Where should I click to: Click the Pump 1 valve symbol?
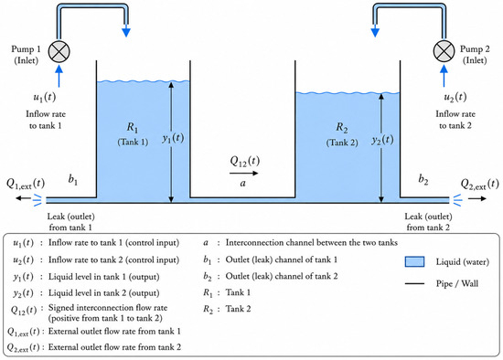point(59,51)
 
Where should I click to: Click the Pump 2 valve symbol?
point(444,51)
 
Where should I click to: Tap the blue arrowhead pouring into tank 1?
point(126,32)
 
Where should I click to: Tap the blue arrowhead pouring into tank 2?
point(375,32)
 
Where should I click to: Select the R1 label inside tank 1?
point(133,128)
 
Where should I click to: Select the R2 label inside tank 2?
point(342,128)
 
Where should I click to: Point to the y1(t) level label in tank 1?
point(173,138)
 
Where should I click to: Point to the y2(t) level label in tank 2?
point(382,140)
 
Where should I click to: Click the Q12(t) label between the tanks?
point(245,161)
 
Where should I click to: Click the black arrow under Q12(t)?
point(244,173)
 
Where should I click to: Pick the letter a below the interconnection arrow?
point(243,183)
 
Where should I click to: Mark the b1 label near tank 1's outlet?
point(73,179)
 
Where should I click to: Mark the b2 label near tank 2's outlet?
point(423,179)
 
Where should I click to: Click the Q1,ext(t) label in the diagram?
point(26,184)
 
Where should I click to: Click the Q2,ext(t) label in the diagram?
point(480,184)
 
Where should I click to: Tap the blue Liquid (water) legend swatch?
point(414,261)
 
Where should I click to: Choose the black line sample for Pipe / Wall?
point(414,283)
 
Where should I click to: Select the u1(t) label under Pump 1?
point(45,97)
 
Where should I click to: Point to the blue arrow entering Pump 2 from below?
point(444,76)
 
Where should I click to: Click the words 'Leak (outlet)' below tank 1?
point(71,217)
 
